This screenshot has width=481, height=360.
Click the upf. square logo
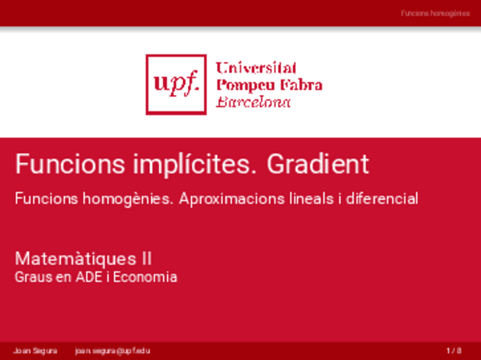pos(176,84)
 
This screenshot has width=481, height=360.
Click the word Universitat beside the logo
pos(256,69)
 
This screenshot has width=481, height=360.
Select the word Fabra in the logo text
pos(300,86)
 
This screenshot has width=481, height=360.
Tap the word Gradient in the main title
pos(318,164)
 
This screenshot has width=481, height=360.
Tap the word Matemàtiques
pos(75,259)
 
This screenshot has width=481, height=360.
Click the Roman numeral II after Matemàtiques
pos(146,259)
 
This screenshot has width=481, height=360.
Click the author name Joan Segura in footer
pos(35,351)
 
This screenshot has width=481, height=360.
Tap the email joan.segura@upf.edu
pos(112,351)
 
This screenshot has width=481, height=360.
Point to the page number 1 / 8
pos(454,351)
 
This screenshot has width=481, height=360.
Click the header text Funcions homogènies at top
pos(435,13)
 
